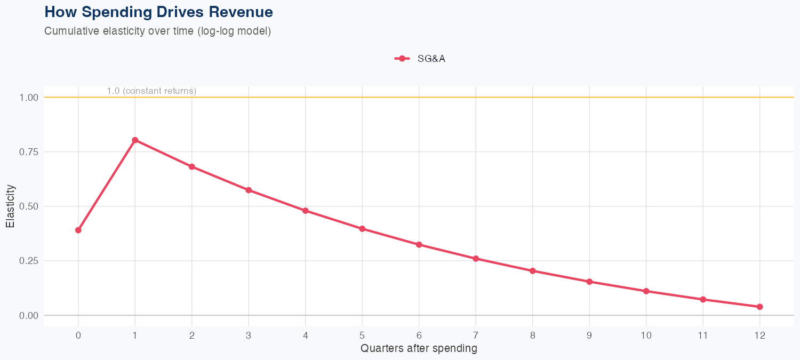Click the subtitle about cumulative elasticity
click(158, 31)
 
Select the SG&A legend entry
click(420, 59)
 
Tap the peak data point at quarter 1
click(135, 140)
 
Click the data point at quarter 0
click(78, 230)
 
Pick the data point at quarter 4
click(306, 211)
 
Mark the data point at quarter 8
click(532, 271)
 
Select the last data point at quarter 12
click(759, 307)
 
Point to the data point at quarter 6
click(419, 245)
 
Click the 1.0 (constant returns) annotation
click(151, 91)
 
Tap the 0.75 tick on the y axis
click(29, 152)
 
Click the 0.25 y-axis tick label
click(29, 261)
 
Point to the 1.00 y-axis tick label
click(29, 98)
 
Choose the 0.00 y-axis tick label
click(29, 316)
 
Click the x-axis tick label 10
click(646, 335)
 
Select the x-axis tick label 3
click(249, 335)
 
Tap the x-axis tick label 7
click(476, 335)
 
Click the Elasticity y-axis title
click(10, 206)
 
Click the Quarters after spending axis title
click(419, 349)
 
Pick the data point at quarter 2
click(191, 167)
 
